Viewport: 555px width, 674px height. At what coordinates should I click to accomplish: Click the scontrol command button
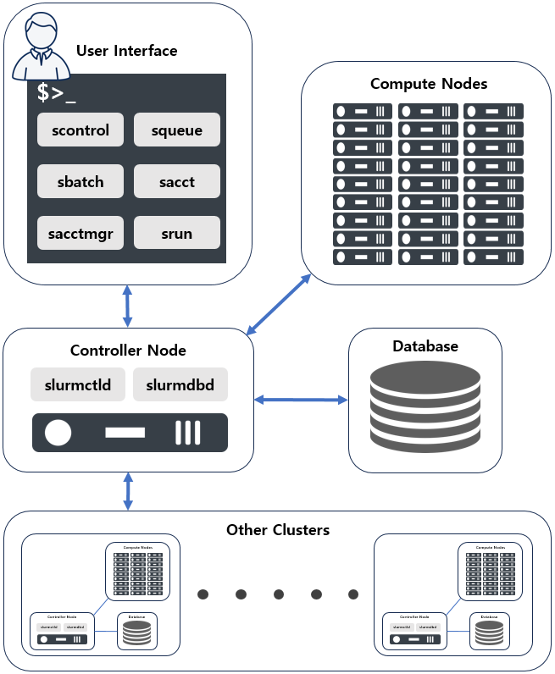coord(80,130)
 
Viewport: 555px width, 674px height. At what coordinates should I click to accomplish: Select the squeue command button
coord(177,130)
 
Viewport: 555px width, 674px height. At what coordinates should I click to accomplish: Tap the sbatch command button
coord(80,182)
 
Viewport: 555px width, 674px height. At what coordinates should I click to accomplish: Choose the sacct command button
coord(177,182)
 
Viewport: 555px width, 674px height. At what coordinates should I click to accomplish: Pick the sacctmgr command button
coord(80,233)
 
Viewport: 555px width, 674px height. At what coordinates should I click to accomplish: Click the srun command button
coord(177,233)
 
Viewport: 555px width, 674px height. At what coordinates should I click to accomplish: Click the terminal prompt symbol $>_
coord(57,93)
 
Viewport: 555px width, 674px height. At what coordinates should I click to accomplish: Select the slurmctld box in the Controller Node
coord(78,384)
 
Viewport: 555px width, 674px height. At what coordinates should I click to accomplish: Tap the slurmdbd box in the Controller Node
coord(180,384)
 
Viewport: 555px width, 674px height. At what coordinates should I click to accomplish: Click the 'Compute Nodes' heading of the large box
coord(429,84)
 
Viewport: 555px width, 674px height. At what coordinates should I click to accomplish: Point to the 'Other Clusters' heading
coord(278,530)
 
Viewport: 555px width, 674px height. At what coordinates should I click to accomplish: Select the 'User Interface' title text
coord(127,51)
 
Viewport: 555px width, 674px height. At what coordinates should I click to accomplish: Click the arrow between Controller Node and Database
coord(302,399)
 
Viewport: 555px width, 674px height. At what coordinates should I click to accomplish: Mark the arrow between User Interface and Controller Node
coord(128,307)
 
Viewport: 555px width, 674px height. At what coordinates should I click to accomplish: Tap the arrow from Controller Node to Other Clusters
coord(128,491)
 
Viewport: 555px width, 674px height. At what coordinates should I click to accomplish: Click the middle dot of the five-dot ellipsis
coord(279,594)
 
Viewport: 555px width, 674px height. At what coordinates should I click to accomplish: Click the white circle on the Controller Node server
coord(58,433)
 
